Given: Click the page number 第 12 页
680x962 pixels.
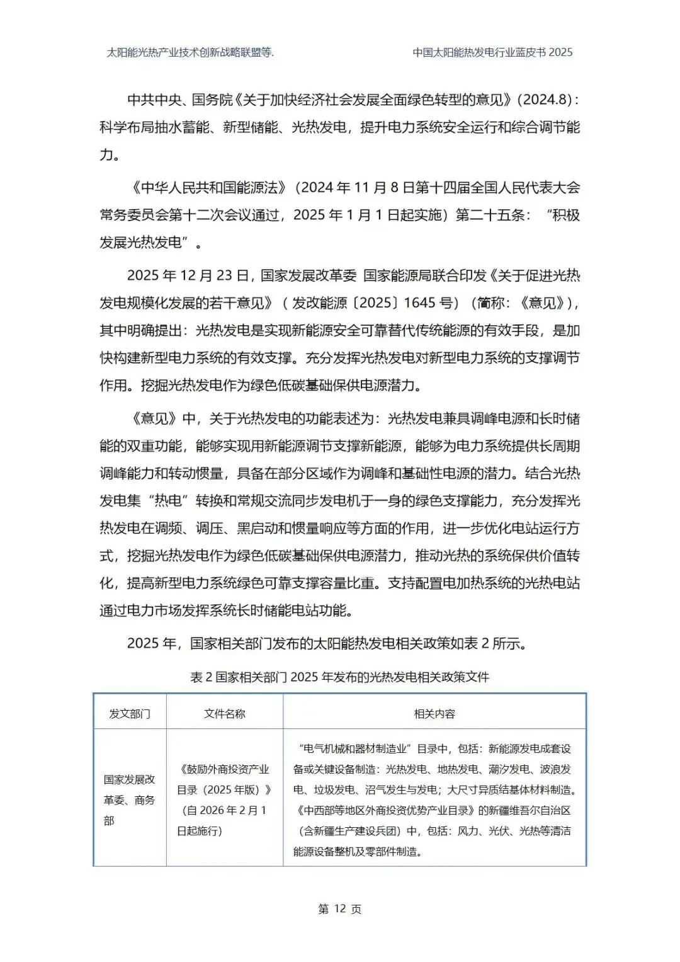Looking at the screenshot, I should pyautogui.click(x=339, y=908).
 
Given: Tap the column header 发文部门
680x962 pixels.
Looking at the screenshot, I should pyautogui.click(x=130, y=714).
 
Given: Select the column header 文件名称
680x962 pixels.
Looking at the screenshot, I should pyautogui.click(x=224, y=714).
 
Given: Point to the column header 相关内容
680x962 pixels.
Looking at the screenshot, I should pyautogui.click(x=434, y=714).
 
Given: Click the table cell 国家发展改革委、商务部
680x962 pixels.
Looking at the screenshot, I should pyautogui.click(x=130, y=799).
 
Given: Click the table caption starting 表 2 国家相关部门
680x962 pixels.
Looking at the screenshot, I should pyautogui.click(x=339, y=677).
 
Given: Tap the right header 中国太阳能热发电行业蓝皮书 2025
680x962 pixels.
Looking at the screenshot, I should pyautogui.click(x=492, y=52).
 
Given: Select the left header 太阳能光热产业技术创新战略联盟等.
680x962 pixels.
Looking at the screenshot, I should pyautogui.click(x=190, y=52).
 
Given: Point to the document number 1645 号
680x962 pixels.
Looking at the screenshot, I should pyautogui.click(x=431, y=303).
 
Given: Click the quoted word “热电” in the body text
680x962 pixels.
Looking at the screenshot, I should pyautogui.click(x=169, y=501).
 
